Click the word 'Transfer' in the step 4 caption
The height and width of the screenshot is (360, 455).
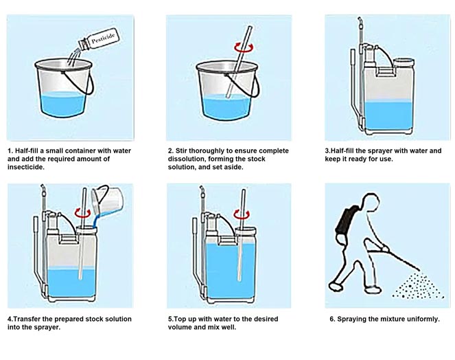coord(28,319)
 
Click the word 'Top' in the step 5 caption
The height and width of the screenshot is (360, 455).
coord(181,319)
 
